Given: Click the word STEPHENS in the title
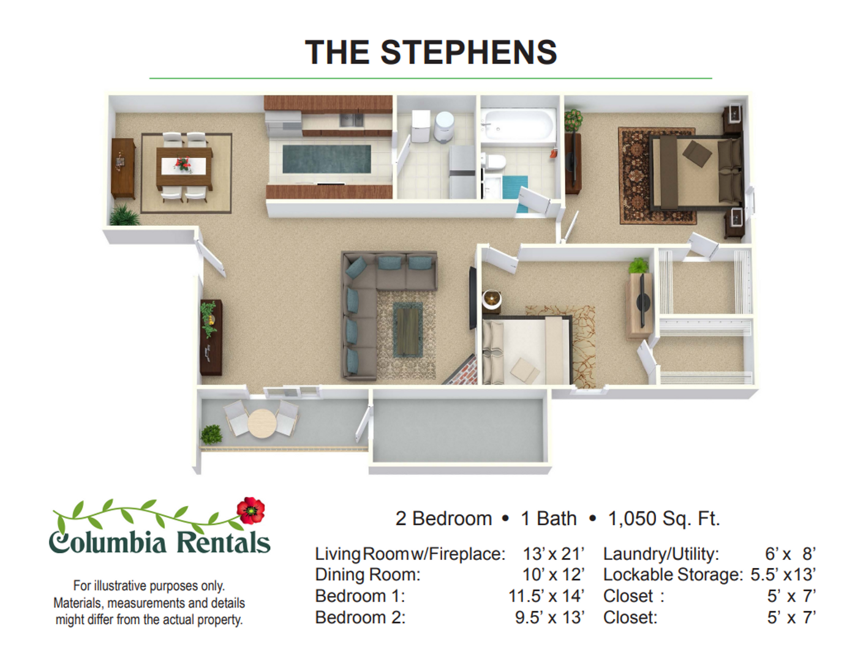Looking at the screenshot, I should [x=469, y=53].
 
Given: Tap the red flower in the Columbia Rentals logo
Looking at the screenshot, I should [x=251, y=510].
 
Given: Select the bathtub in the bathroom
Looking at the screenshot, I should [x=518, y=125].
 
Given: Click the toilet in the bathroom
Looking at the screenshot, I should [x=494, y=163].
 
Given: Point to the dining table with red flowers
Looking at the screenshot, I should [x=184, y=166].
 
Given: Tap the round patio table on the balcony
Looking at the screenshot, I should [x=262, y=422].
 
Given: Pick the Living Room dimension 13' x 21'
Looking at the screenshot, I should [x=553, y=554].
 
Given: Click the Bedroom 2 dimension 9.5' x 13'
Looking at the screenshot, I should [x=549, y=618].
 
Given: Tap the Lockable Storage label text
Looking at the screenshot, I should [x=672, y=575].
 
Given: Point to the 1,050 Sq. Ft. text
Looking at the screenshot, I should [x=663, y=518].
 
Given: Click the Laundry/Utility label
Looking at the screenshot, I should [x=660, y=554].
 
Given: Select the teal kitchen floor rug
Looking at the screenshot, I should [x=326, y=159].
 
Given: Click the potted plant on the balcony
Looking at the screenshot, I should [x=211, y=434].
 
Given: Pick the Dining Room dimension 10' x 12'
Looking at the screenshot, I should [x=553, y=575].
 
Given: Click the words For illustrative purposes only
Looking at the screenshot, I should [x=149, y=586].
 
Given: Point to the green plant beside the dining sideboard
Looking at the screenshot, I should [x=124, y=215].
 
